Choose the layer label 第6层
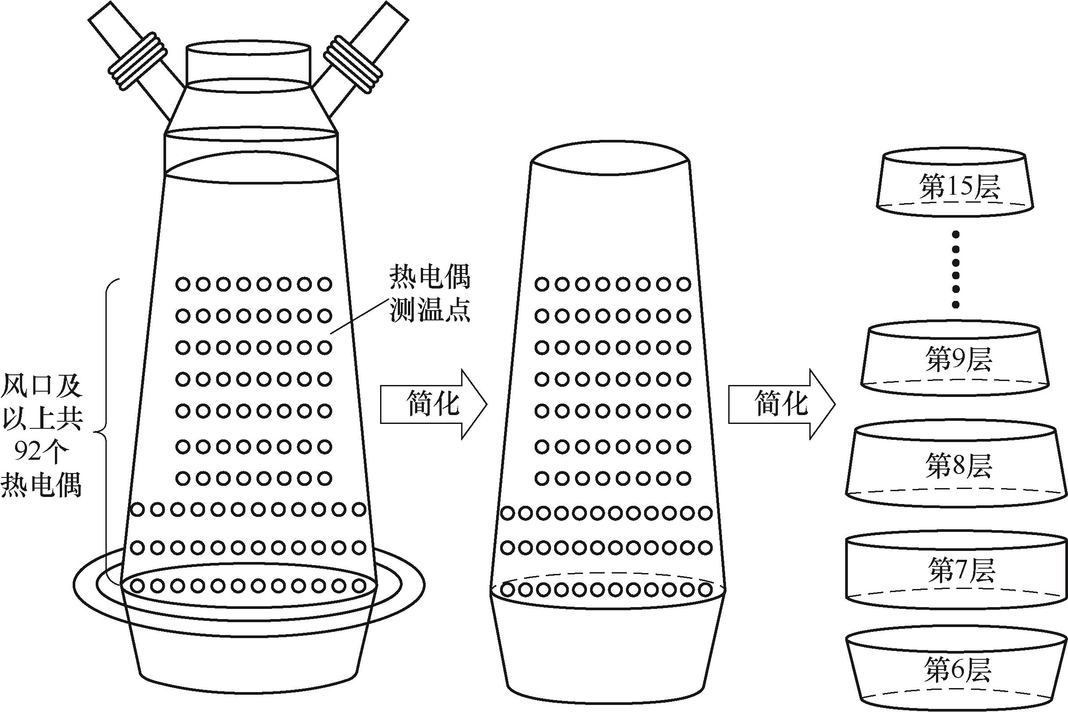(x=957, y=670)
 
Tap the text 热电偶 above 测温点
(x=430, y=277)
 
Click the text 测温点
(x=430, y=310)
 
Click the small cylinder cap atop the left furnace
(x=249, y=64)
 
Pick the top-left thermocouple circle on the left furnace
(x=183, y=285)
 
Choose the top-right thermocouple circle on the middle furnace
(x=684, y=285)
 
